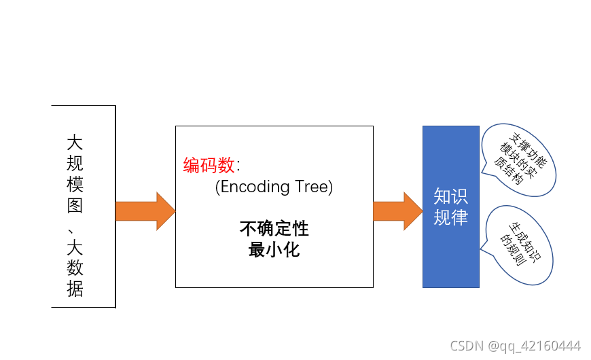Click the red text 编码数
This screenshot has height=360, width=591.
pyautogui.click(x=209, y=165)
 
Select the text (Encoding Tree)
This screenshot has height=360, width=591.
pyautogui.click(x=274, y=187)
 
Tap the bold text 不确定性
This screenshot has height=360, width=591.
pyautogui.click(x=274, y=229)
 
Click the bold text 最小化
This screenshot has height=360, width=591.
pyautogui.click(x=274, y=249)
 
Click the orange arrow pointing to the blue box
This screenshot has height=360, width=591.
pyautogui.click(x=397, y=211)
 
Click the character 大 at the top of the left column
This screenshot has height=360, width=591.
pyautogui.click(x=75, y=143)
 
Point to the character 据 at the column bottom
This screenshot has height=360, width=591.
pyautogui.click(x=75, y=290)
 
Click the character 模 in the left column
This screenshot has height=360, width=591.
pyautogui.click(x=75, y=185)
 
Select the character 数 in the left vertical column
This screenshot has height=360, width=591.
pyautogui.click(x=75, y=270)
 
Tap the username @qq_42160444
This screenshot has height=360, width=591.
pyautogui.click(x=535, y=346)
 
